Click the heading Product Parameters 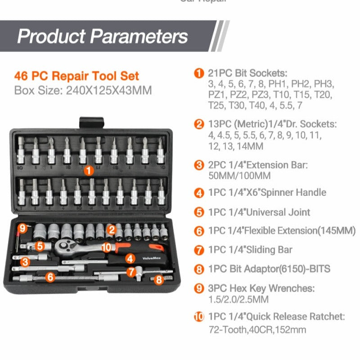point(102,36)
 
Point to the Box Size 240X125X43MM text point(83,90)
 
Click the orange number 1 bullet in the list point(199,73)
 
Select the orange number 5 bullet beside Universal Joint point(199,212)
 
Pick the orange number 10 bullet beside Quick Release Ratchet point(199,317)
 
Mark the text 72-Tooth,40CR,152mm point(257,329)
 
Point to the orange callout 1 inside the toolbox point(89,171)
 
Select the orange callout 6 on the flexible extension point(50,277)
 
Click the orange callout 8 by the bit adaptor point(158,279)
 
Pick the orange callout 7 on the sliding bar point(131,272)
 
